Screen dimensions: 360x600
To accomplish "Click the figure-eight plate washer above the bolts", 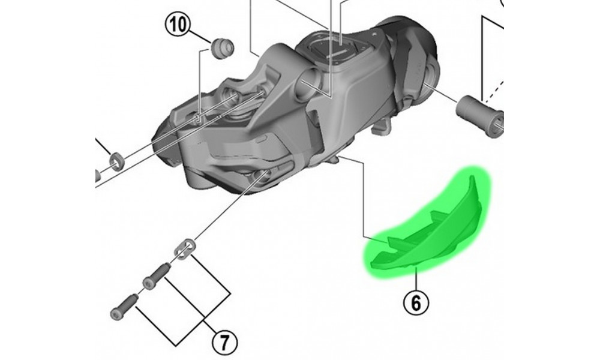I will point(185,248).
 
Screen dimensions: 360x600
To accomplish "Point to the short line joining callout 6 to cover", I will point(415,279).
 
